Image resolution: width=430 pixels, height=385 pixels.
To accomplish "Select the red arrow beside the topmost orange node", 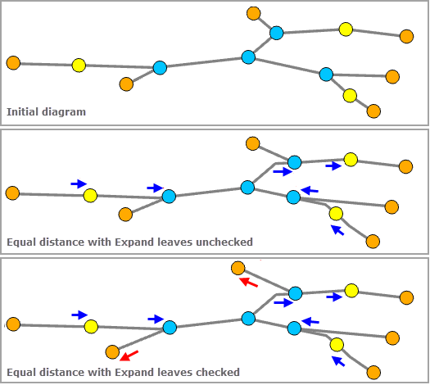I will pyautogui.click(x=249, y=283).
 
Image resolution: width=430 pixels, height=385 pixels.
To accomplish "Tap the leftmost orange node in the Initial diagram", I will pyautogui.click(x=13, y=62).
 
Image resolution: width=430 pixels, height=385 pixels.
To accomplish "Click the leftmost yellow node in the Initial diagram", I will pyautogui.click(x=79, y=65).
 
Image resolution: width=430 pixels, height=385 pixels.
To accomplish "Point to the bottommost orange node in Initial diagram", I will pyautogui.click(x=374, y=111).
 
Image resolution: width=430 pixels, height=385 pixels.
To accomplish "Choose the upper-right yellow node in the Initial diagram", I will pyautogui.click(x=346, y=29).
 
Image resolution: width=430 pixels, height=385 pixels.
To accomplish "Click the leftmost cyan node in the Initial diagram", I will pyautogui.click(x=160, y=68).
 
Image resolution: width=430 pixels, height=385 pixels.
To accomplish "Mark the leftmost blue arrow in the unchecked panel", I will pyautogui.click(x=79, y=183).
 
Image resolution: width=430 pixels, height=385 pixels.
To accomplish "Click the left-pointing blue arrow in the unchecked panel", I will pyautogui.click(x=309, y=190).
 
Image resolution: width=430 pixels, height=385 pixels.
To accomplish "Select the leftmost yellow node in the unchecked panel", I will pyautogui.click(x=90, y=195).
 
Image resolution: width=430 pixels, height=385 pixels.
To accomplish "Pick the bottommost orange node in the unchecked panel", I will pyautogui.click(x=373, y=241).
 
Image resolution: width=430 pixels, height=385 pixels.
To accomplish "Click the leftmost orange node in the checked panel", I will pyautogui.click(x=13, y=324).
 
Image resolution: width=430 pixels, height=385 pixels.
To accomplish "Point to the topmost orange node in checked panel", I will pyautogui.click(x=238, y=268).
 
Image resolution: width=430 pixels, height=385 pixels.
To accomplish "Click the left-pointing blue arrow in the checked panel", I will pyautogui.click(x=310, y=320).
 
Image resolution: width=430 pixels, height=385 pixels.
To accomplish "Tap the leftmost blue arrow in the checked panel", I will pyautogui.click(x=79, y=315).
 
